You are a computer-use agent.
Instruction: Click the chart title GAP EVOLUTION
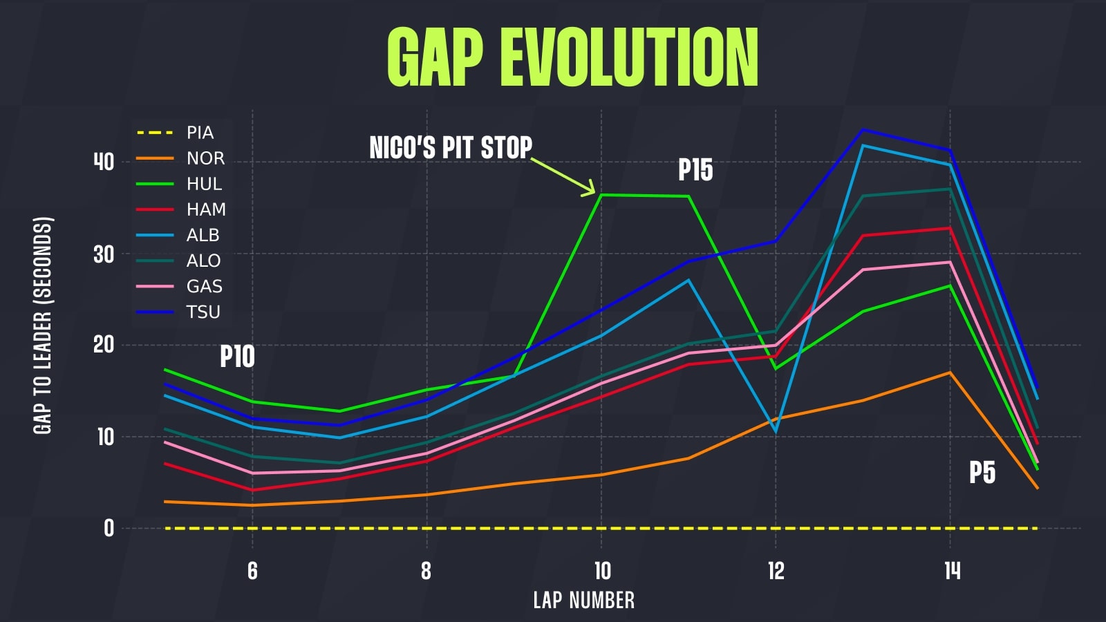(x=572, y=58)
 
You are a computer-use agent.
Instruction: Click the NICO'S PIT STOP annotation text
(x=451, y=148)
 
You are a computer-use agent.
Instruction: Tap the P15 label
(x=695, y=170)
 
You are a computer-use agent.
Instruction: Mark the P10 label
(x=237, y=357)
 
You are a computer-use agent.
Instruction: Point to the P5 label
(x=982, y=473)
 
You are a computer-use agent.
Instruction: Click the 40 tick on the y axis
(x=104, y=162)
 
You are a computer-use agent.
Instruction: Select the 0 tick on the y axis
(x=109, y=528)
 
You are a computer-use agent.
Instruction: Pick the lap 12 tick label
(x=776, y=571)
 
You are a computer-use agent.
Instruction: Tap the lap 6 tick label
(x=252, y=571)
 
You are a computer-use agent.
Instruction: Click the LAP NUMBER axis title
(x=583, y=600)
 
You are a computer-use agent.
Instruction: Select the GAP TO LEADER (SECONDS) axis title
(x=43, y=326)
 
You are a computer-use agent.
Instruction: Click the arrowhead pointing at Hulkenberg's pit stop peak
(x=590, y=189)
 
